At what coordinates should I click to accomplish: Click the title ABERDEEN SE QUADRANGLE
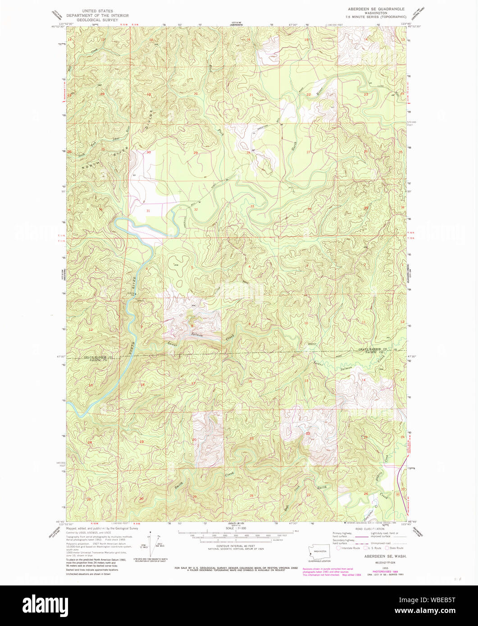(376, 9)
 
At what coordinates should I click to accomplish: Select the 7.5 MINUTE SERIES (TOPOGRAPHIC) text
(376, 17)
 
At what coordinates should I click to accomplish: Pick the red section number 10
(306, 323)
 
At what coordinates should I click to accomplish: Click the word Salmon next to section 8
(197, 335)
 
